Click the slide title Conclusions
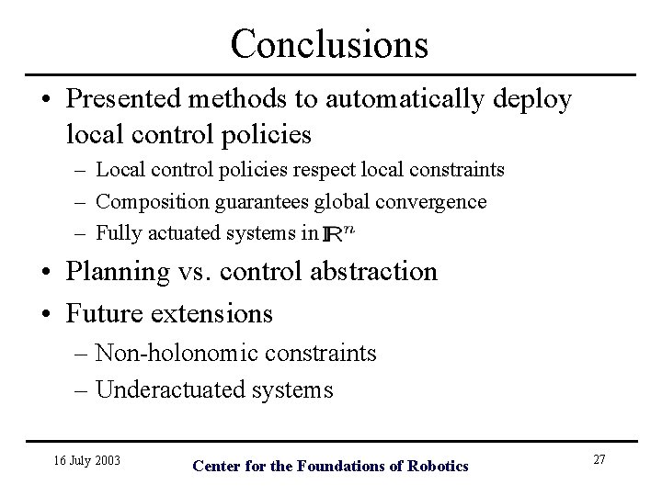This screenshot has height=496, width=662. pyautogui.click(x=329, y=42)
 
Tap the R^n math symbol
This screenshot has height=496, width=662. pyautogui.click(x=339, y=233)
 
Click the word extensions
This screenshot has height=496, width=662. pyautogui.click(x=213, y=313)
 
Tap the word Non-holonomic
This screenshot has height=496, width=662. pyautogui.click(x=169, y=353)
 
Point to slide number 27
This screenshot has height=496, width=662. pyautogui.click(x=599, y=459)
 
